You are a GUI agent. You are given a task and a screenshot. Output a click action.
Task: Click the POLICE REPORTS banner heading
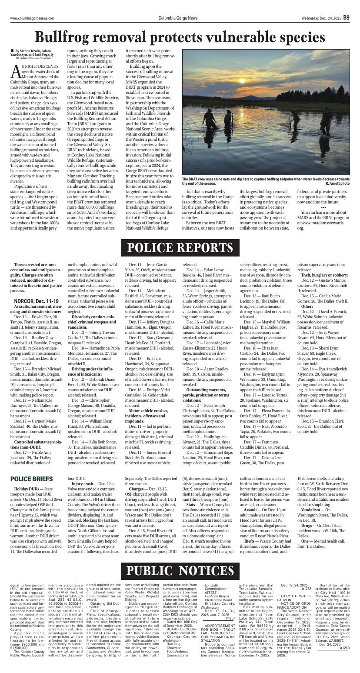[180, 248]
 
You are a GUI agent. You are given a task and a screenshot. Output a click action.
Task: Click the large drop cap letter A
[16, 69]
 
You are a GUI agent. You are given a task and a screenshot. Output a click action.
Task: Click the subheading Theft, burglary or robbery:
[324, 275]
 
